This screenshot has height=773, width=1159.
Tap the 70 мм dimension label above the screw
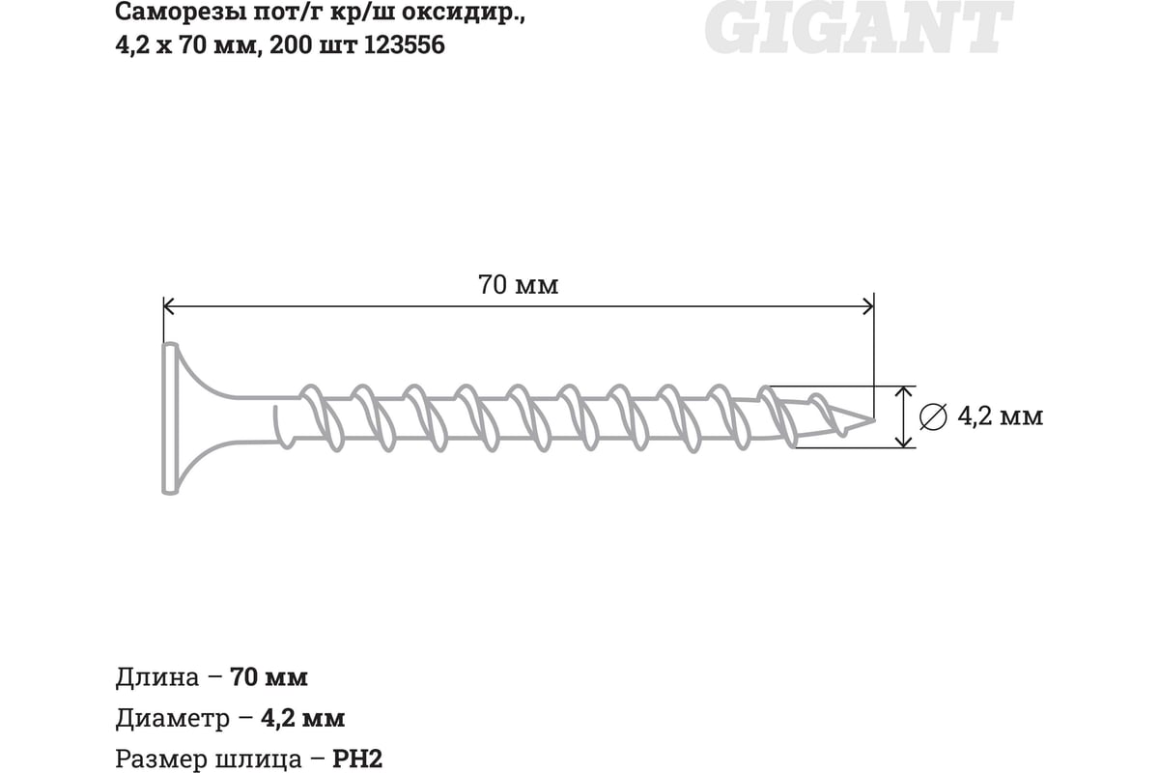click(x=519, y=286)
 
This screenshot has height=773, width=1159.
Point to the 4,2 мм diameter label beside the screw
click(x=1000, y=416)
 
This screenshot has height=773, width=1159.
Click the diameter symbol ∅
click(x=934, y=416)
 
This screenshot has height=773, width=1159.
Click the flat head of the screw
click(x=170, y=418)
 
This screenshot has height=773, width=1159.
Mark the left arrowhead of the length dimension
click(x=168, y=307)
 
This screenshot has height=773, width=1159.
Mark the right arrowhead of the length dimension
click(x=868, y=307)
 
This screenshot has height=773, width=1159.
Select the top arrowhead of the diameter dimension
click(x=904, y=391)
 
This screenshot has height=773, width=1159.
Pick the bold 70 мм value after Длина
click(x=269, y=677)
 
